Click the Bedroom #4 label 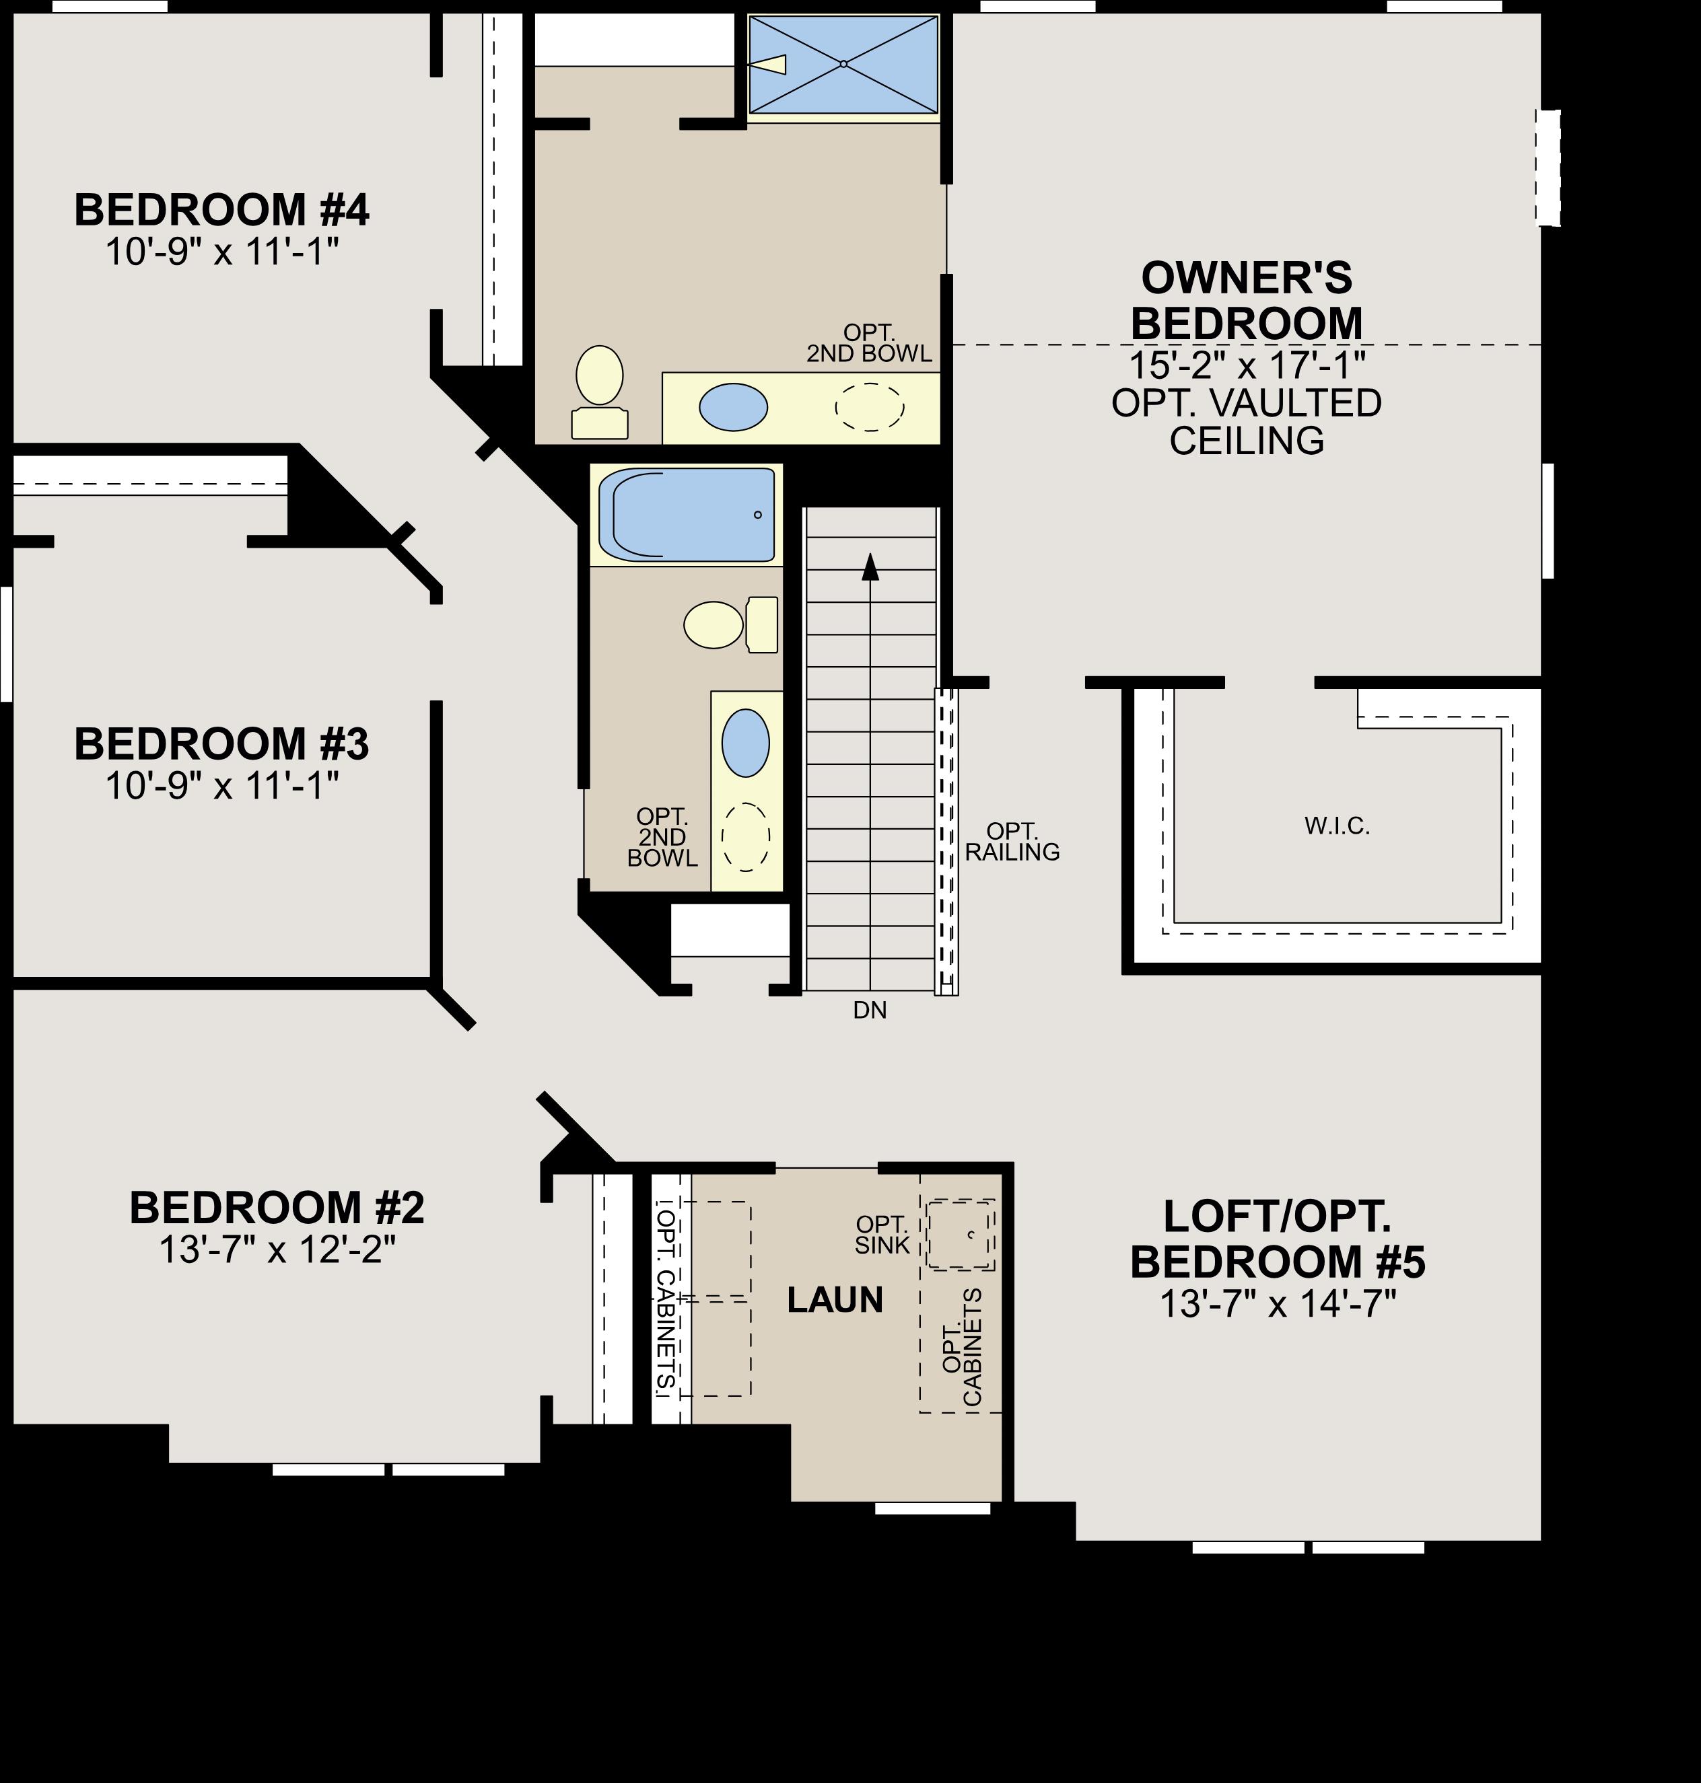[x=221, y=211]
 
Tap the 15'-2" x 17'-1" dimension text [x=1247, y=365]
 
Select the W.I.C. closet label [x=1337, y=826]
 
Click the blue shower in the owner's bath [x=843, y=65]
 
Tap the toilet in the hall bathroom [x=729, y=624]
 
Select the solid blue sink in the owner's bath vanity [x=732, y=407]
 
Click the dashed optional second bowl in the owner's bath [x=868, y=407]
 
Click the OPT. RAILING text [x=1012, y=842]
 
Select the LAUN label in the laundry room [x=834, y=1300]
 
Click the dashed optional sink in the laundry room [x=960, y=1235]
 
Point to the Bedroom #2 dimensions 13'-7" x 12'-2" [x=277, y=1250]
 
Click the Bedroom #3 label [x=221, y=744]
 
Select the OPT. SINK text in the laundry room [x=881, y=1235]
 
